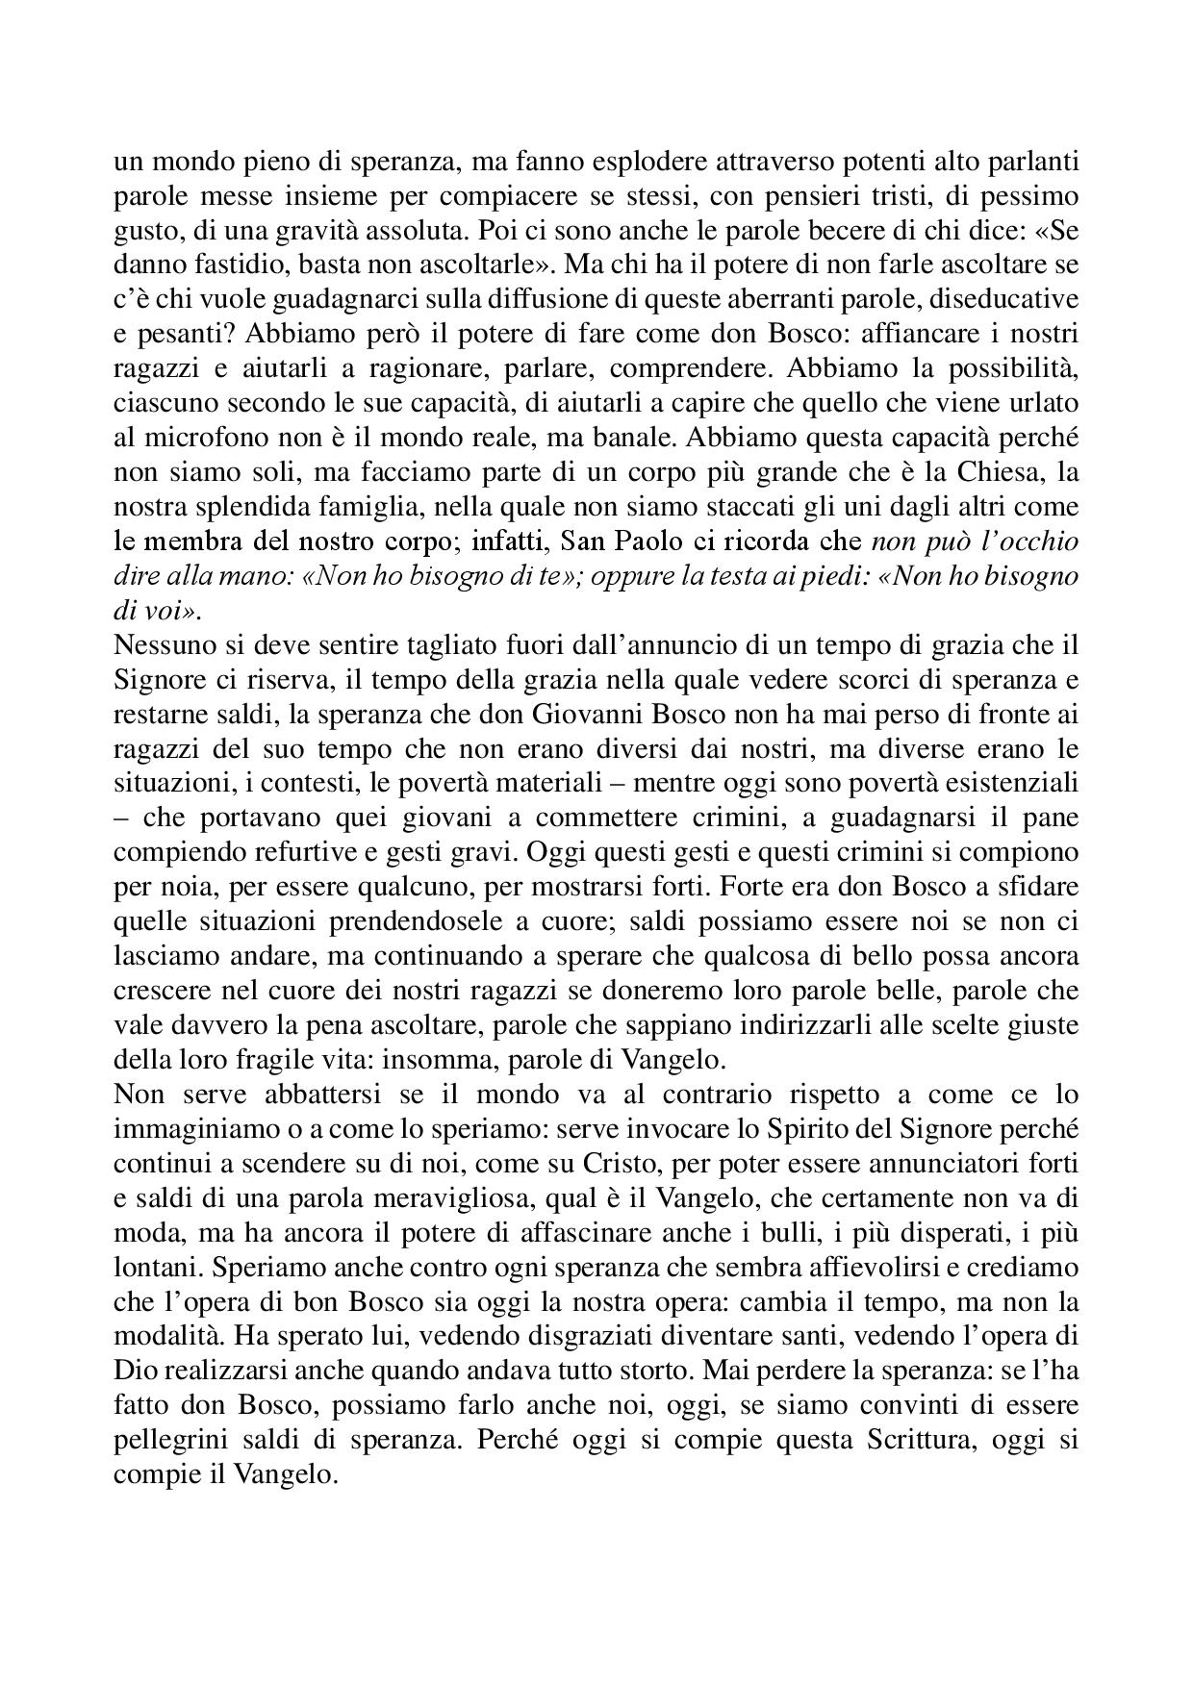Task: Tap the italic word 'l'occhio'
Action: click(x=1032, y=541)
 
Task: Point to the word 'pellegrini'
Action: click(x=161, y=1442)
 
